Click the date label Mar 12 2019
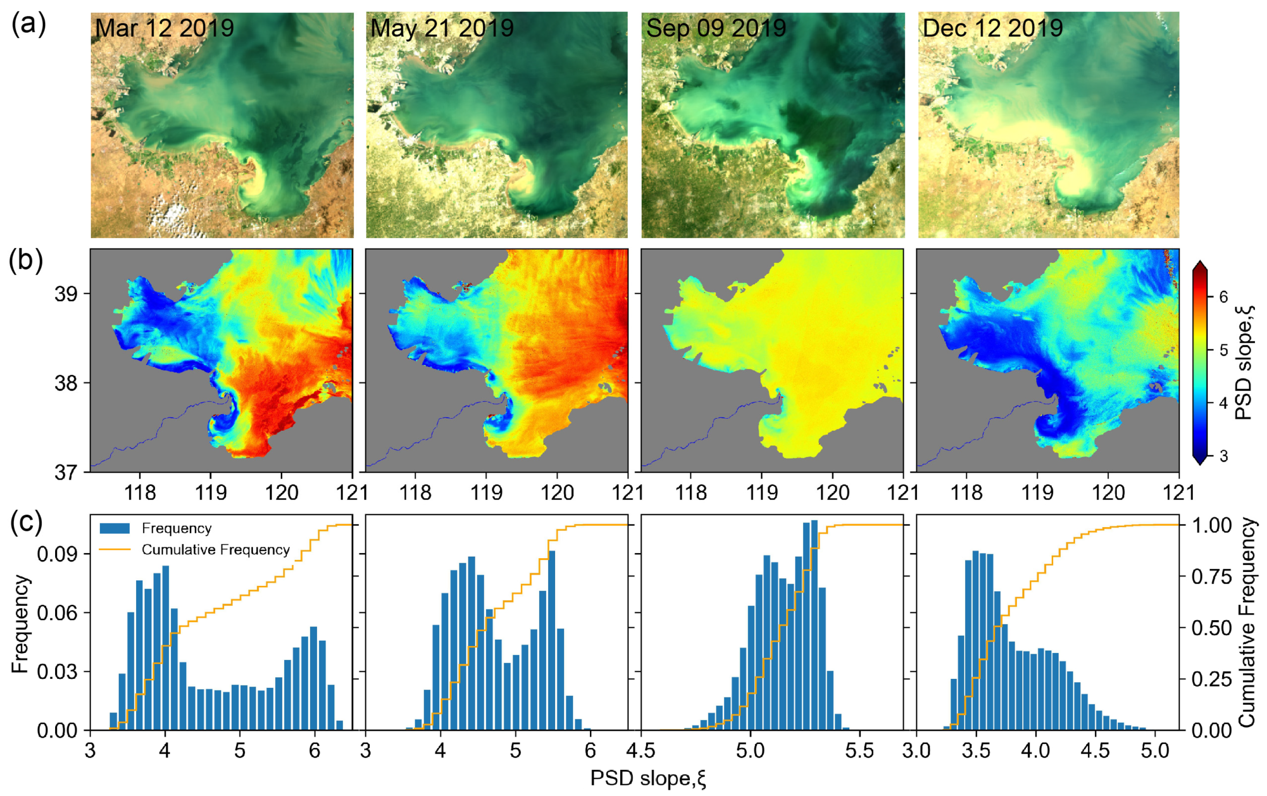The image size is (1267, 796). (x=164, y=28)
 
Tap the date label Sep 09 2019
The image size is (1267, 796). (x=716, y=28)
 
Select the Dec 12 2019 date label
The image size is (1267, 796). (x=992, y=28)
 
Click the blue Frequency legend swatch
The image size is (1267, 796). (x=114, y=528)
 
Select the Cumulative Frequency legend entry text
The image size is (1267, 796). (x=215, y=550)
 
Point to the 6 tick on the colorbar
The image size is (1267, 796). (x=1224, y=297)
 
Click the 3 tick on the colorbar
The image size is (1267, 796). (x=1224, y=456)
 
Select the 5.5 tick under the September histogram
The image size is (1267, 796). (x=859, y=751)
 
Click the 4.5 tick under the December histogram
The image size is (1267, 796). (x=1096, y=751)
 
